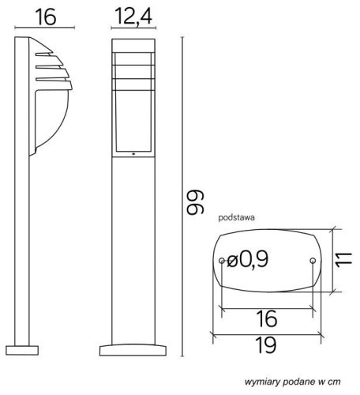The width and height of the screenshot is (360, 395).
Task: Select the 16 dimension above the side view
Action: pyautogui.click(x=46, y=17)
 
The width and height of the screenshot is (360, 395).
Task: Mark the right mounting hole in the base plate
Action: pyautogui.click(x=314, y=261)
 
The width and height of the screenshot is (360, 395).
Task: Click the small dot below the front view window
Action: pyautogui.click(x=133, y=153)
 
